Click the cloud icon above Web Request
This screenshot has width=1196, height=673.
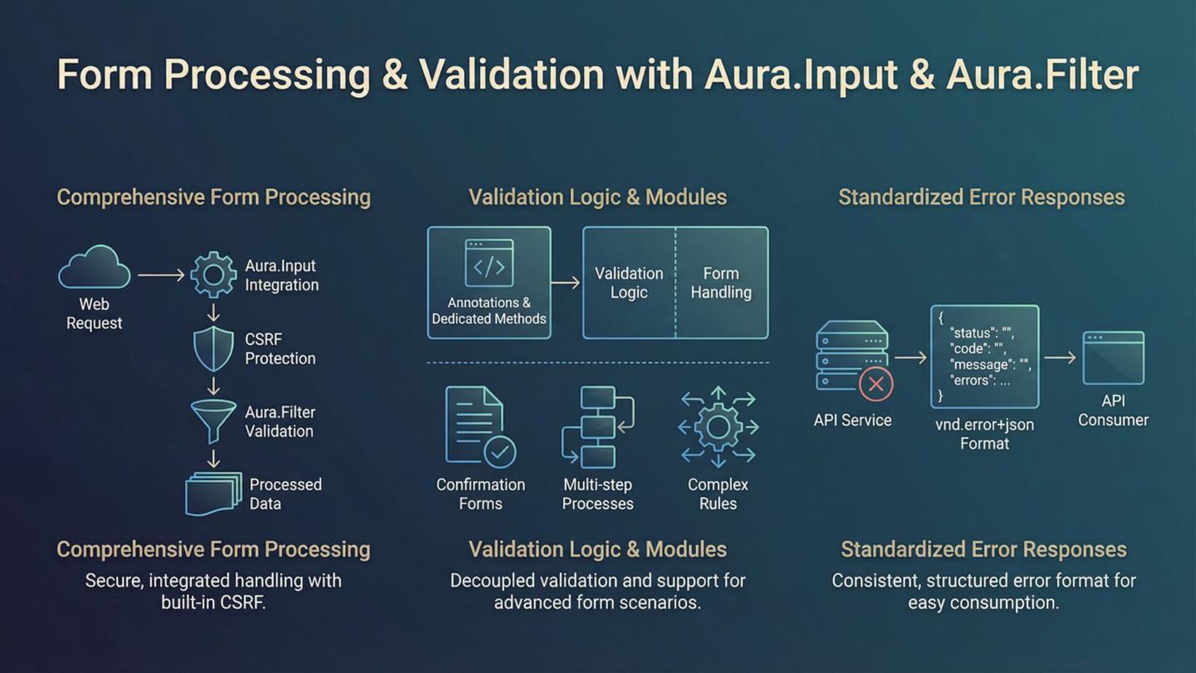coord(94,267)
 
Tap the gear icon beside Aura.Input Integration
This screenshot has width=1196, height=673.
coord(213,275)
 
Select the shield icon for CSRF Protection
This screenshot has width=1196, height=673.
coord(213,349)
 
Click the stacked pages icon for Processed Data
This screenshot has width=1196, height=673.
coord(214,494)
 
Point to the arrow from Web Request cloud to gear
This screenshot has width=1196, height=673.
coord(161,275)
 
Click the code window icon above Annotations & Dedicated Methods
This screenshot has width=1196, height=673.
coord(489,264)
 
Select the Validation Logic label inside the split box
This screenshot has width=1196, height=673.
coord(629,283)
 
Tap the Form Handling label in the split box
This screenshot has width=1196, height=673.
coord(721,283)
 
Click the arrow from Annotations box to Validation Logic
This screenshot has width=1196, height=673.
coord(566,283)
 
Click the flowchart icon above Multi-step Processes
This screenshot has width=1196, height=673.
coord(597,427)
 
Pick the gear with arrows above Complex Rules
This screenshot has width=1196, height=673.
coord(718,427)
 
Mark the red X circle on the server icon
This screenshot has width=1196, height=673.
coord(875,384)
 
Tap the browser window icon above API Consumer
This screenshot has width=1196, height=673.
coord(1113,358)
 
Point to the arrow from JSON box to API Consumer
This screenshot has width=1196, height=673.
coord(1060,358)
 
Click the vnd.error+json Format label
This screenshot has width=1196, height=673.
coord(984,434)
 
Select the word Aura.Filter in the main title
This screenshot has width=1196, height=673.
coord(1043,75)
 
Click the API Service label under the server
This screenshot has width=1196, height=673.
coord(852,421)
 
